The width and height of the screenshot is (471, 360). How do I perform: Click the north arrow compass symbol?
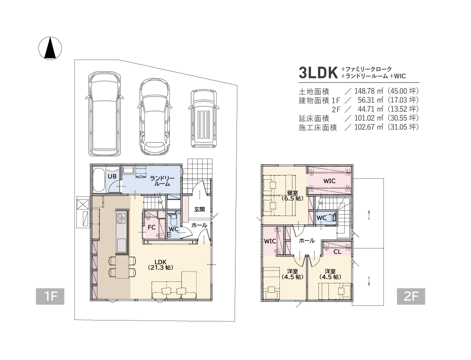pos(50,48)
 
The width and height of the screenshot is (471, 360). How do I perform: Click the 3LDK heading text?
pos(318,72)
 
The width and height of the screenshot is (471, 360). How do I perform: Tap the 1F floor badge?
pos(50,296)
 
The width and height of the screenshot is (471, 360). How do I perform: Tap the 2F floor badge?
pos(411,296)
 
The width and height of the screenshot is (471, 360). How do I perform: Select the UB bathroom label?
pos(112,176)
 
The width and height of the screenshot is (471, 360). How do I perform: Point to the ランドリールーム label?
pos(162,181)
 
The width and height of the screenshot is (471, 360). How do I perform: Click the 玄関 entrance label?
pos(199,209)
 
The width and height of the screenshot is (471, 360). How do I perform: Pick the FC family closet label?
pos(151,227)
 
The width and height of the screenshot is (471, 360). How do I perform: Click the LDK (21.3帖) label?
pos(161,264)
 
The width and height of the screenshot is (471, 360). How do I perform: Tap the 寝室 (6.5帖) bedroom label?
pos(292,196)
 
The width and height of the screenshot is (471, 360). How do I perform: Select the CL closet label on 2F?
pos(337,252)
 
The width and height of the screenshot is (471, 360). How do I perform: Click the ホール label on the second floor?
pos(307,240)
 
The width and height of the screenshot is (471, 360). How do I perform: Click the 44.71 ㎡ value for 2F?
pos(370,109)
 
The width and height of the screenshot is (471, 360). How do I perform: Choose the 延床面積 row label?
pos(314,118)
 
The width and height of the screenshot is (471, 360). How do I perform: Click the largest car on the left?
pos(105,114)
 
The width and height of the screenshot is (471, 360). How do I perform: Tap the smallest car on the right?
pos(204,119)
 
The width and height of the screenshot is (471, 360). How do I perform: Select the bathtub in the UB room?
pos(98,180)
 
